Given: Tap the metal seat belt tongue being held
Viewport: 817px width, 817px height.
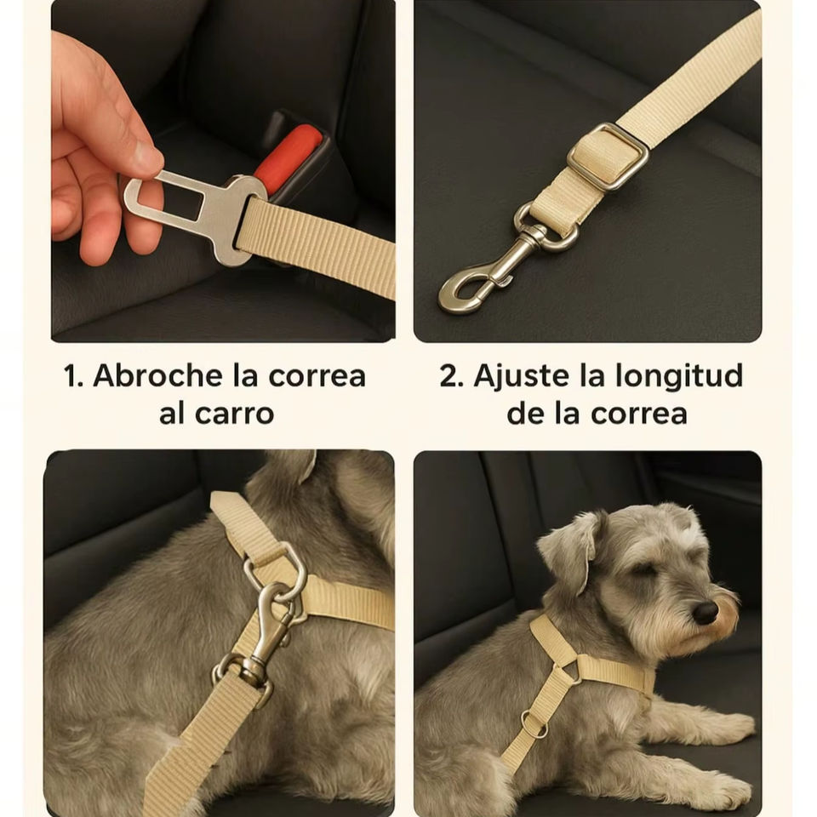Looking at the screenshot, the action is (x=194, y=213).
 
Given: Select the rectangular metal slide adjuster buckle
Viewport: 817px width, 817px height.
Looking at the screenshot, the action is (x=608, y=157).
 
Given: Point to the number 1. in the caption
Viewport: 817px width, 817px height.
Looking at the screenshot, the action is (x=73, y=375).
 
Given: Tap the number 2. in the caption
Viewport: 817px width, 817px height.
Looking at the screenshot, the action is (x=452, y=375).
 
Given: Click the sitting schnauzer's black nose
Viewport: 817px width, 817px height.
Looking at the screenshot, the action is (x=706, y=613).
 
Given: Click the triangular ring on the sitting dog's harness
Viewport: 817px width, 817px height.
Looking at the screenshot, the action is (x=571, y=668).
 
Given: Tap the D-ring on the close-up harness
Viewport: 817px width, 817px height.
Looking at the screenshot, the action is (x=276, y=569).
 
